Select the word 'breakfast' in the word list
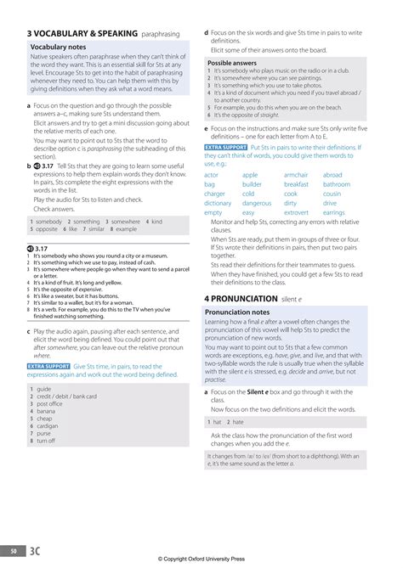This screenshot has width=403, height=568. pyautogui.click(x=297, y=184)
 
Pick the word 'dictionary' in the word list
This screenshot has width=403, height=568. pyautogui.click(x=218, y=203)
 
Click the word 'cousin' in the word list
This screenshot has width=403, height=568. pyautogui.click(x=332, y=194)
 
